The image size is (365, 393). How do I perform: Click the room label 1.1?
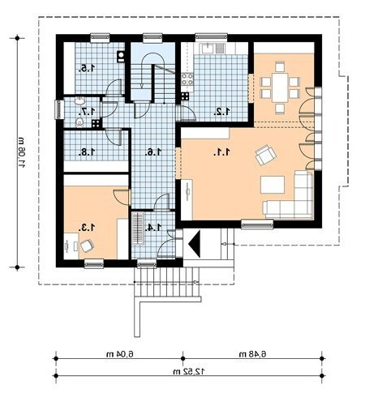click(x=221, y=152)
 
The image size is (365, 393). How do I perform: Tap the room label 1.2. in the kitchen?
click(x=221, y=112)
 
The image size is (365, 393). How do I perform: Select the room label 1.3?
click(x=87, y=228)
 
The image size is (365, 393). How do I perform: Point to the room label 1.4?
click(x=153, y=228)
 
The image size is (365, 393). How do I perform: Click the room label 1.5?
click(x=87, y=68)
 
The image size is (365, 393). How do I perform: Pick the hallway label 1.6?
click(x=153, y=152)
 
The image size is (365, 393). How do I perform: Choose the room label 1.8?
click(x=87, y=152)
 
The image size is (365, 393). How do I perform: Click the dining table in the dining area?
click(x=280, y=88)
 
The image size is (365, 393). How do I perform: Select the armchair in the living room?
click(x=265, y=155)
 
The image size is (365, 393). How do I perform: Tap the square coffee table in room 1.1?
click(x=273, y=185)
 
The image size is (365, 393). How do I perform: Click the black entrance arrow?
click(x=195, y=244)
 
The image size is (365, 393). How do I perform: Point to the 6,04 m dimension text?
click(x=120, y=354)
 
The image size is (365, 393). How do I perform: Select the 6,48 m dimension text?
click(x=252, y=354)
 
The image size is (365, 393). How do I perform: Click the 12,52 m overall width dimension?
click(x=189, y=371)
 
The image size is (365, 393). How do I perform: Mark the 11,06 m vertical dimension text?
click(x=22, y=153)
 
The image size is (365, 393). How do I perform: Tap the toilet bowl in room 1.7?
click(x=79, y=122)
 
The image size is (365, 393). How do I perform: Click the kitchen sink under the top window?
click(x=208, y=49)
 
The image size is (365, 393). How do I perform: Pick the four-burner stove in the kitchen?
click(x=187, y=79)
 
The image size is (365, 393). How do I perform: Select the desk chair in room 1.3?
click(x=87, y=246)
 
